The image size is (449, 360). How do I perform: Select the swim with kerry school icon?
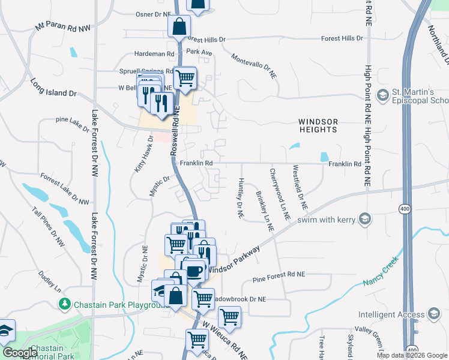point(364,218)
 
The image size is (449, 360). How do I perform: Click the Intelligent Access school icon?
point(433,314)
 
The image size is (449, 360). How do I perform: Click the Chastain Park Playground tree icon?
point(65,304)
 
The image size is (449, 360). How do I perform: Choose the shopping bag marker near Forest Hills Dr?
point(179,26)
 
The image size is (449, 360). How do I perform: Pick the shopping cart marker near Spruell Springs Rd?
point(185,77)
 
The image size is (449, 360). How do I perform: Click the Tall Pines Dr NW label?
point(49,227)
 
